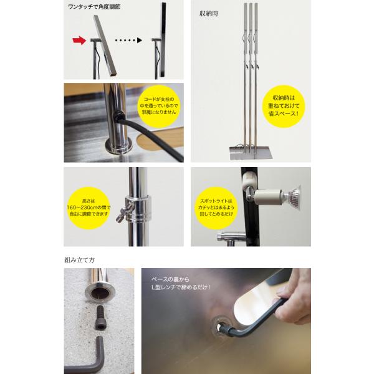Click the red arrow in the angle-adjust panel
79,41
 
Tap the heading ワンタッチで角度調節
94,7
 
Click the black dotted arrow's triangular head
140,41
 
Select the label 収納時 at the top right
209,14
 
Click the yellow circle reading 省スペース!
284,106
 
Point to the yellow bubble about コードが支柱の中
159,106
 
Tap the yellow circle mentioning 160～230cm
89,208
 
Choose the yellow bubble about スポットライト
216,208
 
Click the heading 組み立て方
80,260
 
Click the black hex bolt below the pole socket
100,317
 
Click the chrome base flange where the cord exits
118,146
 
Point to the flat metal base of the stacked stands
251,153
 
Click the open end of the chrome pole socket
100,292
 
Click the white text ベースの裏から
170,279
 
